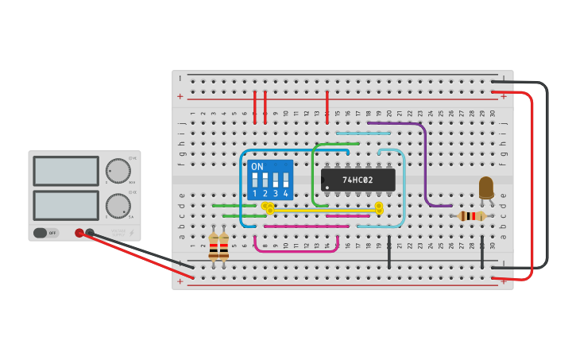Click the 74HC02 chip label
coord(358,180)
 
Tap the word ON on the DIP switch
coord(257,167)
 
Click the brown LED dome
coord(486,187)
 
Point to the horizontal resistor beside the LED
coord(473,216)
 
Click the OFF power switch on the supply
coord(47,233)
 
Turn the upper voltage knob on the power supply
coord(118,171)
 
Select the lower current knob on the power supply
coord(118,206)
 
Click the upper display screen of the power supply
coord(66,171)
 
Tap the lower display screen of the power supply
coord(66,205)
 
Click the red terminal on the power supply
coord(79,233)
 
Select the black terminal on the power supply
coord(90,233)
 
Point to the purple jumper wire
coord(425,159)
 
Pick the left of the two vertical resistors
coord(213,246)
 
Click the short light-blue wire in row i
coord(362,134)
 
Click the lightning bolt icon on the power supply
coord(131,233)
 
